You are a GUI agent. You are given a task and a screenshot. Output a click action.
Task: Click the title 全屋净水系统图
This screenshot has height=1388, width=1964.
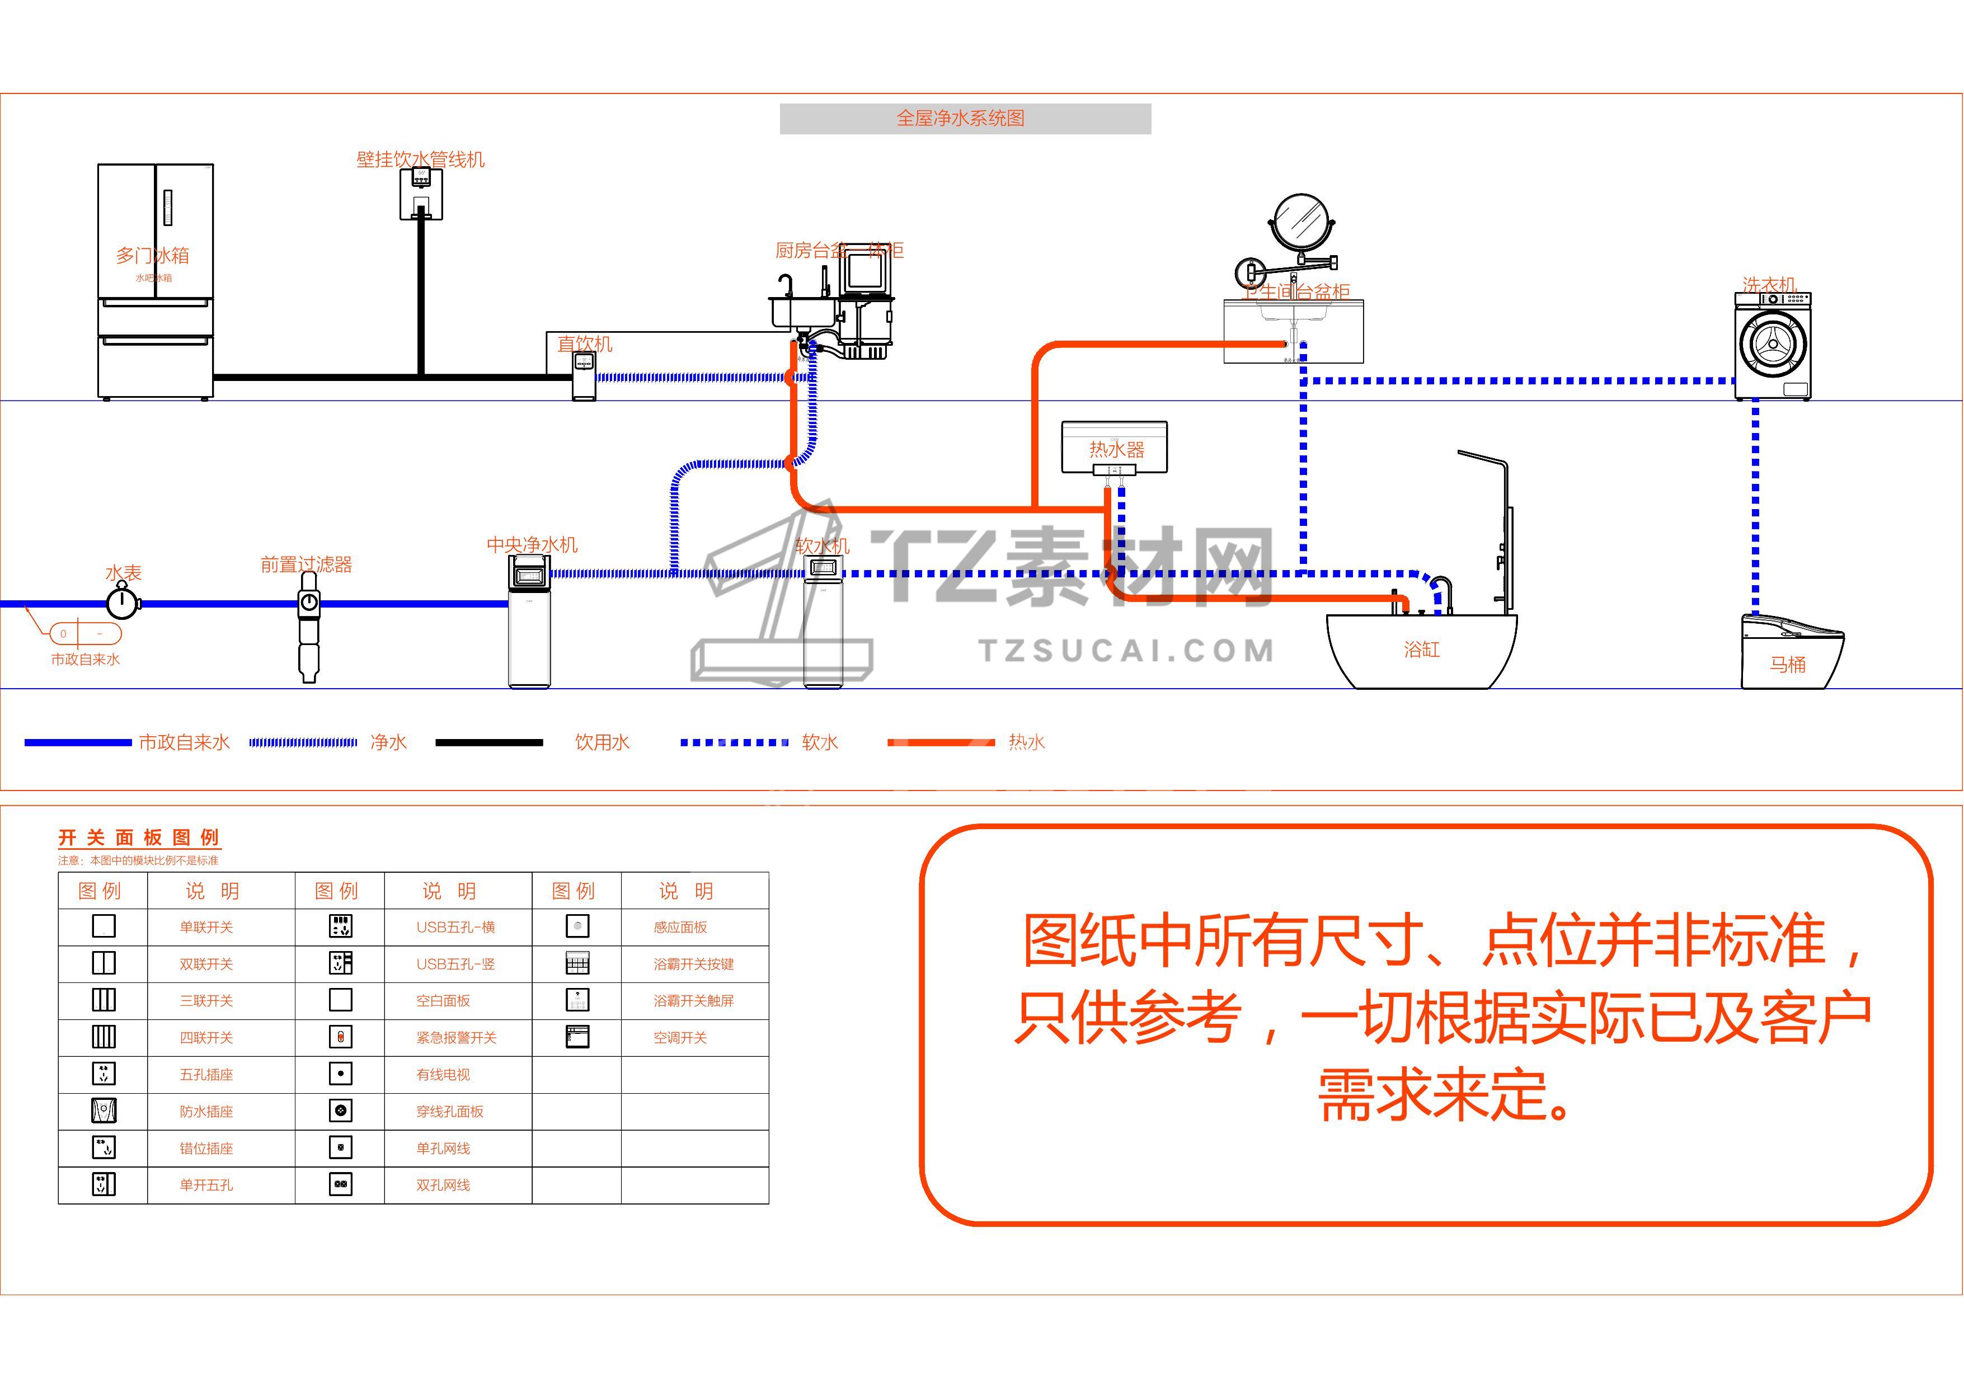(960, 119)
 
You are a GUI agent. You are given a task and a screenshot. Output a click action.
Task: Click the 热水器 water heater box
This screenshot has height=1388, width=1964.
(1115, 447)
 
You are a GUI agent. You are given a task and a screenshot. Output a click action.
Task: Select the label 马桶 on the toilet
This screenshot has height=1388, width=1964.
(1788, 665)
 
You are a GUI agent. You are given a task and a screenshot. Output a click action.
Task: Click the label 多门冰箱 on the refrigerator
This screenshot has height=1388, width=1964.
(152, 256)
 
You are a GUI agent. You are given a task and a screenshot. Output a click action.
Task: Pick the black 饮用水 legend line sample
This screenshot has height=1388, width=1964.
(488, 742)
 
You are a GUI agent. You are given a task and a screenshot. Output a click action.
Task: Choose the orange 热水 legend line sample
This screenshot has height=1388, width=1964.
(941, 742)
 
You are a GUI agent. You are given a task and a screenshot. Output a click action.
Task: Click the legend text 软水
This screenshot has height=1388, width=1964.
(820, 742)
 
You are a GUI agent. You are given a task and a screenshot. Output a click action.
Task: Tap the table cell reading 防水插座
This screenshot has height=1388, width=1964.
(206, 1112)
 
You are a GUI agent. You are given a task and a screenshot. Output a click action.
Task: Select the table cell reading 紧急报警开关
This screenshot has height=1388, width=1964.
(456, 1037)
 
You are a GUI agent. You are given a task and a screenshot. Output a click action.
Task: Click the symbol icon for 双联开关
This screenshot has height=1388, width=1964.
(104, 963)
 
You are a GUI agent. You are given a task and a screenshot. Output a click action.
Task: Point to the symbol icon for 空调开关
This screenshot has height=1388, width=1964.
(577, 1037)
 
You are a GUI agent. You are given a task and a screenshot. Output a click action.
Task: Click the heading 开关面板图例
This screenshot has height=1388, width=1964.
(139, 838)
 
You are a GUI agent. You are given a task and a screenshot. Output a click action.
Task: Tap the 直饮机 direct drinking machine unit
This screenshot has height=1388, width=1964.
(584, 377)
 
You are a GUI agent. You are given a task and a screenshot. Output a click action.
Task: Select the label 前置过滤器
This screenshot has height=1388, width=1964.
(306, 564)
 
